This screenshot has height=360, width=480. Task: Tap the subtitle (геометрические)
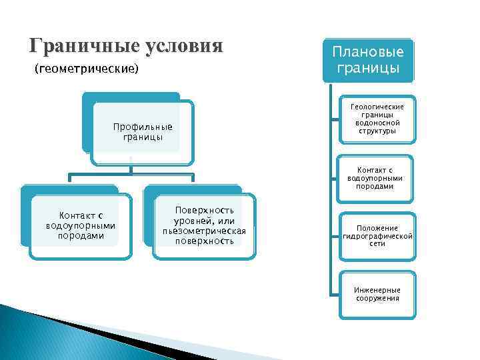pos(85,69)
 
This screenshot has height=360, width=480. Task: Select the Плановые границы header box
pos(368,59)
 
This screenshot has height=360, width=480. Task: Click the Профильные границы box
pos(143,132)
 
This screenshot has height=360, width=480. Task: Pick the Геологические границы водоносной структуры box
pos(377,119)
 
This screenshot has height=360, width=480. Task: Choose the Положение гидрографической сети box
pos(377,236)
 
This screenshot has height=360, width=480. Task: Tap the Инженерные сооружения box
pos(377,294)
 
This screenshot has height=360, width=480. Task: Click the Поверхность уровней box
pos(204,225)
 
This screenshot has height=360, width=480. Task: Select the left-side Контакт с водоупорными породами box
pos(81,225)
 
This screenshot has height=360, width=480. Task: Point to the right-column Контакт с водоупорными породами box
pos(377,178)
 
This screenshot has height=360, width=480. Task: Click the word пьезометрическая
pos(204,231)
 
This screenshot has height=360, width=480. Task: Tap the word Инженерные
pos(377,290)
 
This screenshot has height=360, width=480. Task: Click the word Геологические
pos(377,107)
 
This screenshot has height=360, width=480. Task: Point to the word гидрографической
pos(377,236)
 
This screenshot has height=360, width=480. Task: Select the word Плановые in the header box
pos(368,52)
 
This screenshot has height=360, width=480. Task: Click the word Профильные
pos(143,127)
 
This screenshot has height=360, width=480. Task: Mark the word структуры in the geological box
pos(377,131)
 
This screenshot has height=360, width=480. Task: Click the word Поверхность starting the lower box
pos(204,210)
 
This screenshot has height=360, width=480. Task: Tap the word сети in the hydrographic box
pos(377,244)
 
